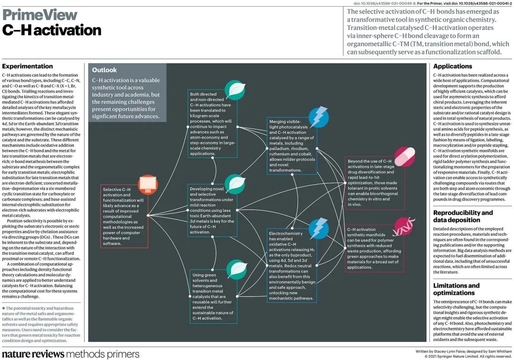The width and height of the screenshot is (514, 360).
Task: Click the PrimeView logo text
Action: tap(40, 14)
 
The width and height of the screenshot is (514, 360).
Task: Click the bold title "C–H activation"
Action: tap(52, 30)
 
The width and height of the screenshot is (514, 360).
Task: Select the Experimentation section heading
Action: tap(28, 66)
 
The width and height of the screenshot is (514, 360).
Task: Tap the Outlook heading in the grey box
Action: tap(104, 70)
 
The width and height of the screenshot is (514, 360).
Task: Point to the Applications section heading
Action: tap(453, 66)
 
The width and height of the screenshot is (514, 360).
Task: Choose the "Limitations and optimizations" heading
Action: tap(456, 289)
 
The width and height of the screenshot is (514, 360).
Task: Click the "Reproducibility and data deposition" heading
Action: tap(463, 216)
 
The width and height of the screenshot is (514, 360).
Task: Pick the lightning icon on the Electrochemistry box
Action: tap(319, 228)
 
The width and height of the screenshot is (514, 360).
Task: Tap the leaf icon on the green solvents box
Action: tap(235, 270)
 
